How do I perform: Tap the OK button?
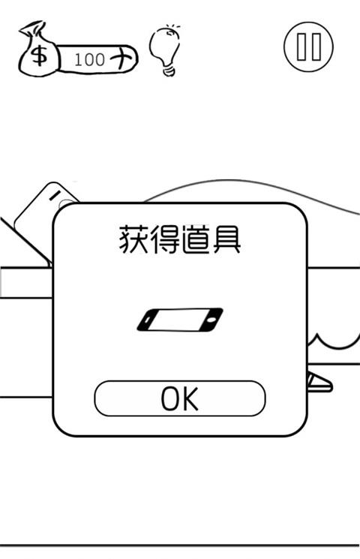tap(180, 398)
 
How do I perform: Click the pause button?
tap(309, 47)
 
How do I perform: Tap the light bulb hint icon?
tap(166, 50)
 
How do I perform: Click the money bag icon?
tap(38, 50)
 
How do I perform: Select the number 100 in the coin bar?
tap(89, 59)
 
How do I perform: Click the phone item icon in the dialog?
tap(180, 320)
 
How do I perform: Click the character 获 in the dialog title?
tap(133, 239)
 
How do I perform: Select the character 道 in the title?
tap(195, 239)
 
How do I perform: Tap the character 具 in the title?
tap(226, 239)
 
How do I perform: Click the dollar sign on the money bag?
tap(39, 56)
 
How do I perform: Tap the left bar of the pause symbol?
tap(301, 47)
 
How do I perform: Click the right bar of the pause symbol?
tap(316, 47)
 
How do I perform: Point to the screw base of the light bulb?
tap(169, 71)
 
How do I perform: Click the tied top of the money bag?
tap(33, 29)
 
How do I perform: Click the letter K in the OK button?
tap(190, 398)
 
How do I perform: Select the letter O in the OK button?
tap(170, 398)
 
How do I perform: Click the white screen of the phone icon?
tap(179, 320)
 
